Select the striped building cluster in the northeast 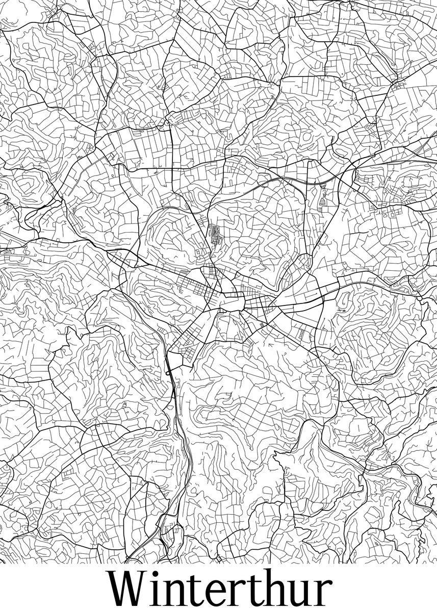coord(322,197)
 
